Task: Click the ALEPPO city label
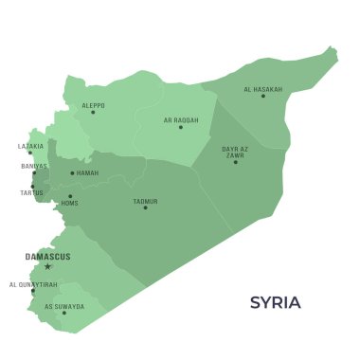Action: point(93,105)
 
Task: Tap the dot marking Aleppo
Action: point(93,113)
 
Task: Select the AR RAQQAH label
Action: point(180,120)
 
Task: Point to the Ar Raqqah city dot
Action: point(180,127)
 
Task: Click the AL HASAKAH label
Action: point(262,90)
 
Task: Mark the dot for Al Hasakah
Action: point(263,96)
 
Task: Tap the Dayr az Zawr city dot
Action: point(236,162)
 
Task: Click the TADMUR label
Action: point(145,201)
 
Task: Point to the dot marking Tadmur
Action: point(145,207)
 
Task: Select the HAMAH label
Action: point(87,173)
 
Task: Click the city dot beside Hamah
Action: point(72,173)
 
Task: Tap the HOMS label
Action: point(69,203)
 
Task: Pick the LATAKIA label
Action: point(31,146)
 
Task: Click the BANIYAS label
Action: point(33,166)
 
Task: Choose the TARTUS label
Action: point(31,192)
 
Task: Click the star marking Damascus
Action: point(47,266)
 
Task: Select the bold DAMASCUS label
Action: point(47,257)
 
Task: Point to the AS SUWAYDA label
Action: point(64,306)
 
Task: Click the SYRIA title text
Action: point(275,303)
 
